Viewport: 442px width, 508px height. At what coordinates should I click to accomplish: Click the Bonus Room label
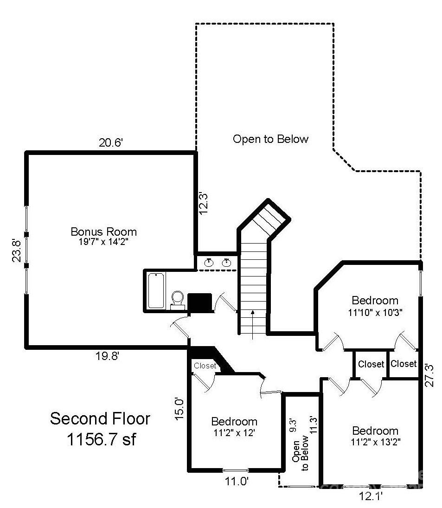[103, 231]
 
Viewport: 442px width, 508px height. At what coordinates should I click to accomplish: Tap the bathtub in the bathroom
[156, 291]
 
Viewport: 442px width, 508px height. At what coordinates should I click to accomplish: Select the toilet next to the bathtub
[177, 299]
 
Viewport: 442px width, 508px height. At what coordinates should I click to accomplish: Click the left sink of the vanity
[209, 263]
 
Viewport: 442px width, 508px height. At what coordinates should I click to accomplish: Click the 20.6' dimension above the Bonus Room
[110, 143]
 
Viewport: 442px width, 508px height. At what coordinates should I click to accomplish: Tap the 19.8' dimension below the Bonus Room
[108, 356]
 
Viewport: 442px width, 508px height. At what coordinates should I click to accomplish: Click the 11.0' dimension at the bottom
[237, 482]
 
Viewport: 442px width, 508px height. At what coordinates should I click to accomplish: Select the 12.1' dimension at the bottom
[371, 496]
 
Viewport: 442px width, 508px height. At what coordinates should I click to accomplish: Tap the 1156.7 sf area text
[101, 439]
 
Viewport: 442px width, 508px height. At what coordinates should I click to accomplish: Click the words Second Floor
[100, 418]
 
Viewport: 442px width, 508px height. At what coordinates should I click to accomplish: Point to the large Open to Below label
[270, 139]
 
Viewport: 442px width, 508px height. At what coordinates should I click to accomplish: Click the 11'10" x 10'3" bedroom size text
[375, 312]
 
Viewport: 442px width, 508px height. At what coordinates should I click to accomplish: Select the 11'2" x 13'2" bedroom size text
[375, 442]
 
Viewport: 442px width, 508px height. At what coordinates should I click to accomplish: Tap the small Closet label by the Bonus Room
[205, 366]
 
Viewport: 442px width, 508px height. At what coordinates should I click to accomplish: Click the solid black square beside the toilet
[199, 302]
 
